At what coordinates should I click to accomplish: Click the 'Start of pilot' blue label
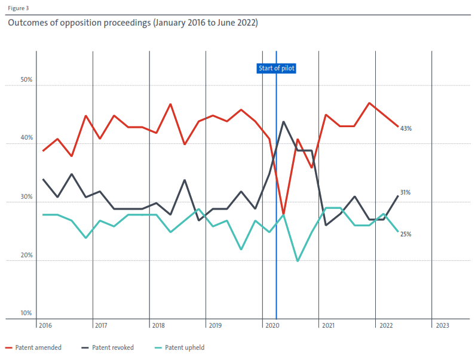point(277,68)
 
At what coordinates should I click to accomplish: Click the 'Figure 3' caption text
point(18,8)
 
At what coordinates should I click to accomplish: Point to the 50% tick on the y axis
point(27,79)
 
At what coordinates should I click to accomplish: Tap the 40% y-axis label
point(27,138)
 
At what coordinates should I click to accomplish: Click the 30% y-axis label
point(27,196)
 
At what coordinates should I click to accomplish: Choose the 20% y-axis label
point(27,255)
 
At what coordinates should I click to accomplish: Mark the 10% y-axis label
point(27,313)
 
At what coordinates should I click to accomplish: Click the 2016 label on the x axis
point(44,326)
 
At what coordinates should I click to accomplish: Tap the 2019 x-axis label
point(214,326)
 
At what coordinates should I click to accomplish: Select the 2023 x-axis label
point(443,326)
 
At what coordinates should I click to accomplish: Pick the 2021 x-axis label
point(327,326)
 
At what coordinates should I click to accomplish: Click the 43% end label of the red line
point(406,128)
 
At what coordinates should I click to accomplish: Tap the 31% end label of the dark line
point(405,192)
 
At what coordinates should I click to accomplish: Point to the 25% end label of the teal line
point(405,234)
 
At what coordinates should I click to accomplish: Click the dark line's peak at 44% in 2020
point(283,122)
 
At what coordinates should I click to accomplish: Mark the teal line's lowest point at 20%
point(298,261)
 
